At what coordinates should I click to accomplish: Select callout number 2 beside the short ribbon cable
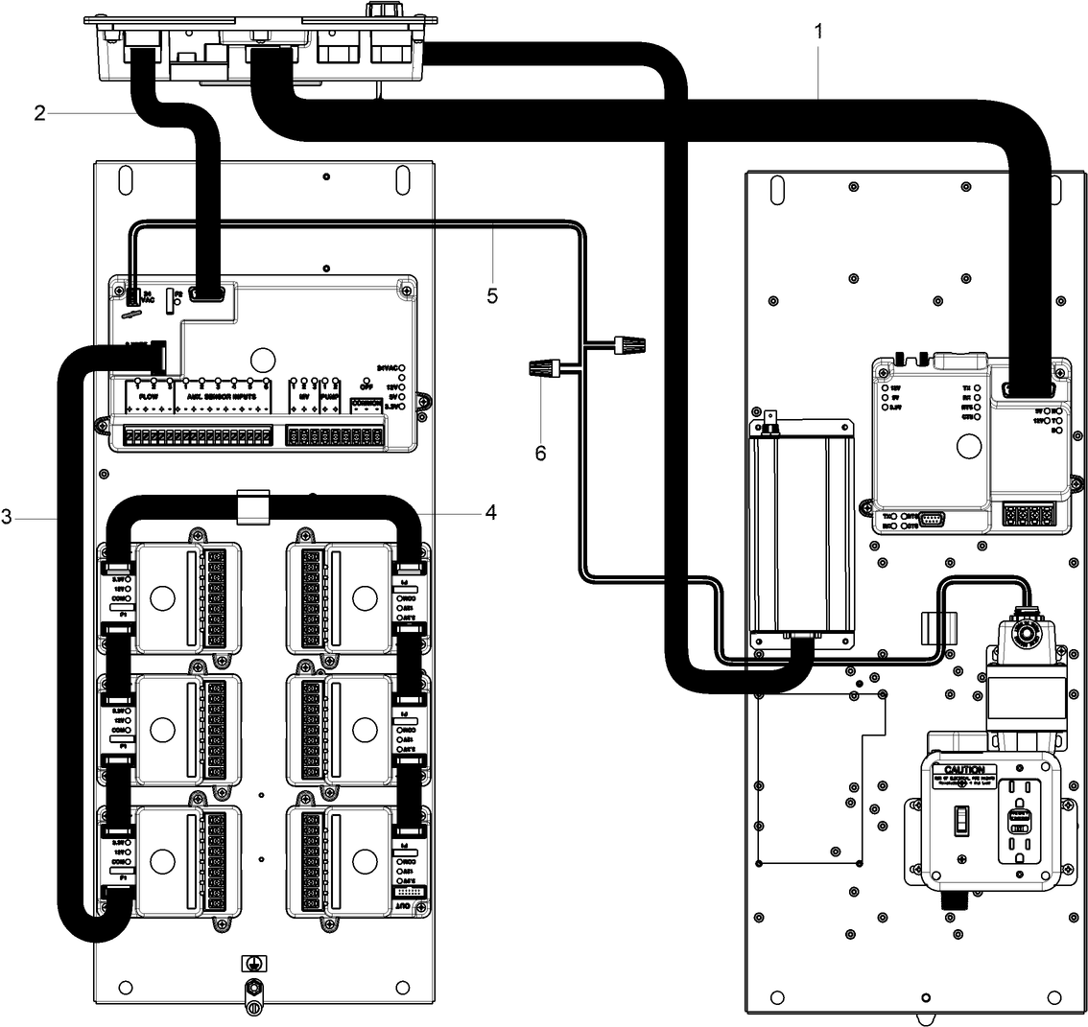(39, 113)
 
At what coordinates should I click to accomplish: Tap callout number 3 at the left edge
(8, 518)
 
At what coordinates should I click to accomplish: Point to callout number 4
(490, 513)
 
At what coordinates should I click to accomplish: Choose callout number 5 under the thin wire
(492, 295)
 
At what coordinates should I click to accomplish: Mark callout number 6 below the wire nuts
(540, 453)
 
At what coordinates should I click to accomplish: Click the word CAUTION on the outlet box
(963, 770)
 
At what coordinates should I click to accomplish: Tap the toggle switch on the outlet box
(958, 819)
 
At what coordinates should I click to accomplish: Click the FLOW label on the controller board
(149, 395)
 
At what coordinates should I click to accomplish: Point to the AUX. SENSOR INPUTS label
(222, 395)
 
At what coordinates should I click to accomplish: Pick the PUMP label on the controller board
(330, 395)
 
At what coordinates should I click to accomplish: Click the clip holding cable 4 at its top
(250, 506)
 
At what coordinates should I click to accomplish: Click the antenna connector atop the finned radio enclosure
(769, 423)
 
